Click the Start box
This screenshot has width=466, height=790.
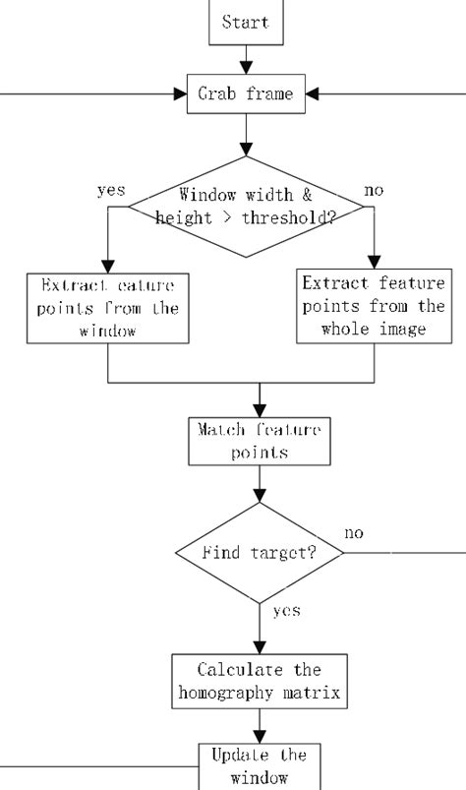click(x=246, y=22)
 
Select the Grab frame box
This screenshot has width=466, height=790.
click(x=247, y=95)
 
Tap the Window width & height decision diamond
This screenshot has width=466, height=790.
click(x=260, y=207)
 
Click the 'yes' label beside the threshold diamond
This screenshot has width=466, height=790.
click(x=111, y=191)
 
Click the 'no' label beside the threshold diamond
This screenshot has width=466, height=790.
click(x=374, y=191)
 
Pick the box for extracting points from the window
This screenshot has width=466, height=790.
click(x=107, y=308)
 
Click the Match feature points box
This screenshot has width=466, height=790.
click(x=260, y=441)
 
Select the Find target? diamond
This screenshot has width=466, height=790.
click(x=260, y=553)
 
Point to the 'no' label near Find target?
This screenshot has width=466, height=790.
click(x=354, y=532)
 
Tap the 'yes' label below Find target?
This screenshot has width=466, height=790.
click(x=286, y=611)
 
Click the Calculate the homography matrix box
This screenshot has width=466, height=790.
click(x=260, y=682)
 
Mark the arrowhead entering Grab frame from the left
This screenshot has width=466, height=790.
click(x=180, y=95)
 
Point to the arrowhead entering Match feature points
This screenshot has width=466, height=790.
click(x=260, y=411)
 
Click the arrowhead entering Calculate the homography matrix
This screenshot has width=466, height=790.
click(x=260, y=649)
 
